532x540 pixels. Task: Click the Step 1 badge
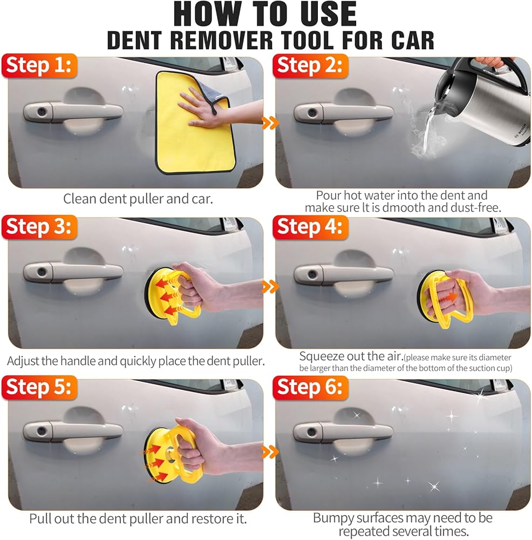[39, 65]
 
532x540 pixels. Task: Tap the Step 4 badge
[310, 227]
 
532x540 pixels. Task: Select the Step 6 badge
[310, 387]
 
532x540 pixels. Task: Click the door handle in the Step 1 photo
[73, 111]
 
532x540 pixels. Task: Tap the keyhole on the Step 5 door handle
[42, 431]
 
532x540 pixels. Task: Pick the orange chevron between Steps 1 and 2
[270, 123]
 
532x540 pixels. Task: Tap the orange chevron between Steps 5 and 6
[270, 452]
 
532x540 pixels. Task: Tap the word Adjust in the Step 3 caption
[23, 361]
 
